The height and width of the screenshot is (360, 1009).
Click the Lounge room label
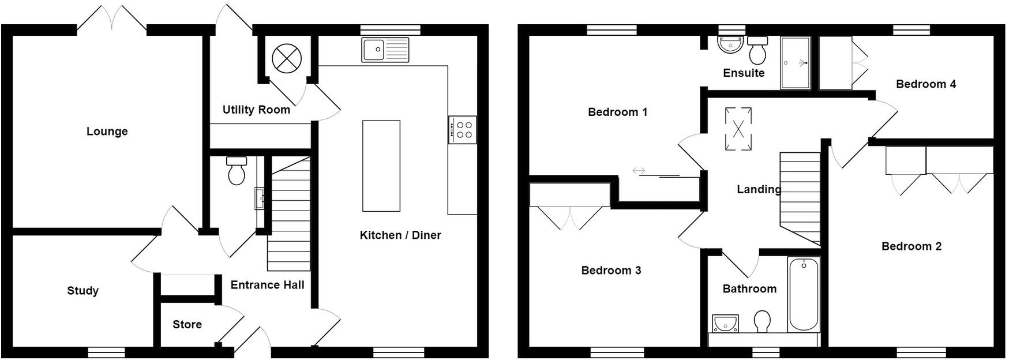[x=107, y=132]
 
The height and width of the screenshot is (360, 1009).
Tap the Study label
[x=82, y=291]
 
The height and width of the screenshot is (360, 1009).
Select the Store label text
[x=187, y=324]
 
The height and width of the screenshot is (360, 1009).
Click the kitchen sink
[x=385, y=50]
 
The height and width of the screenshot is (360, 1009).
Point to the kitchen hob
[x=463, y=130]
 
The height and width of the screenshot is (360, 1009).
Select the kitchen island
[x=381, y=166]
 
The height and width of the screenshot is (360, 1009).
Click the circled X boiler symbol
[x=287, y=57]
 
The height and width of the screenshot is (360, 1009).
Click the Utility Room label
[x=256, y=110]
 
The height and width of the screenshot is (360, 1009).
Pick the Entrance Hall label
[x=267, y=284]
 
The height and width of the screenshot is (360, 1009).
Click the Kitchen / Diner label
[x=400, y=235]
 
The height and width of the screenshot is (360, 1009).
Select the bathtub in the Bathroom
[x=804, y=294]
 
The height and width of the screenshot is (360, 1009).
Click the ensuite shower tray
[x=795, y=63]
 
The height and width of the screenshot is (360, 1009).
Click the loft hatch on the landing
[x=738, y=129]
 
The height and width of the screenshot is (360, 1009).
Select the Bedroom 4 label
[x=925, y=84]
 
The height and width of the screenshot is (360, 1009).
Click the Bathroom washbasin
[x=725, y=324]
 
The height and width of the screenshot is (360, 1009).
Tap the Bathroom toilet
[x=762, y=321]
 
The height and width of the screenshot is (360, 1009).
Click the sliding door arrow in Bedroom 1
[x=639, y=171]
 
